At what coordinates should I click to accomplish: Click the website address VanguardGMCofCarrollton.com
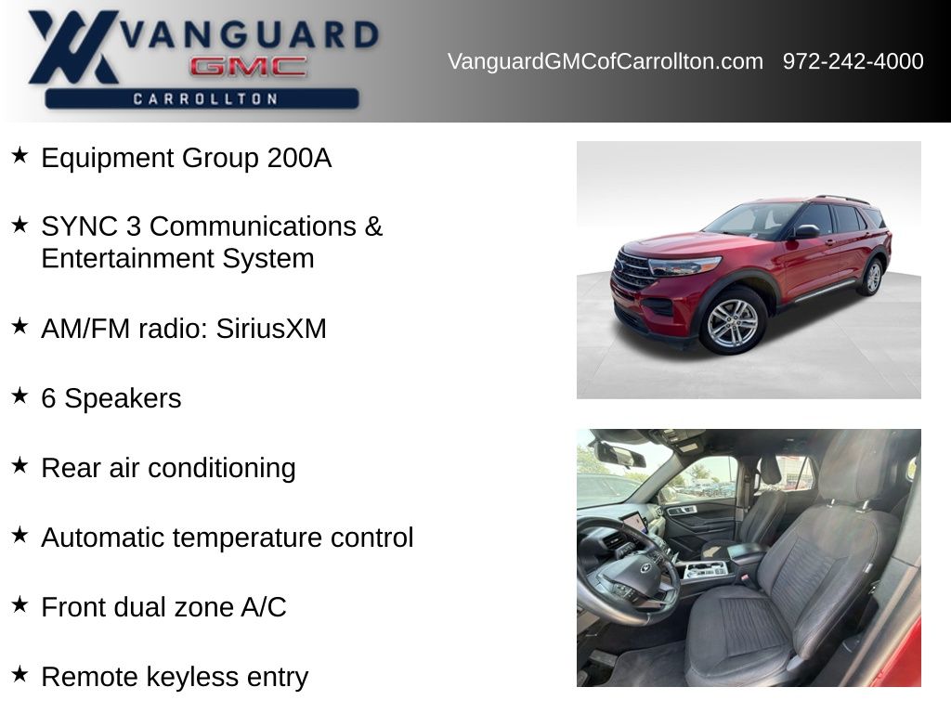click(606, 61)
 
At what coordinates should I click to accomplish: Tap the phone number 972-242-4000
click(853, 61)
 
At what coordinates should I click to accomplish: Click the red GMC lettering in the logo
click(249, 67)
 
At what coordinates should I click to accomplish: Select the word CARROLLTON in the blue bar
click(205, 98)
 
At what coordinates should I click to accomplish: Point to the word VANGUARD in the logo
click(250, 34)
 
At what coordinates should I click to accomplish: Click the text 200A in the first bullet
click(300, 158)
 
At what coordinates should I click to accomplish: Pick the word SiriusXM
click(271, 329)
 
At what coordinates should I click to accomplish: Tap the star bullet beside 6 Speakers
click(20, 395)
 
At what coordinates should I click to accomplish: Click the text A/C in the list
click(264, 607)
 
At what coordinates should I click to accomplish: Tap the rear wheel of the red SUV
click(872, 277)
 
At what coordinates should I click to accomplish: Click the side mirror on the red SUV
click(806, 231)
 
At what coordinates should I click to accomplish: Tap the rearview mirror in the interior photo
click(619, 453)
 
